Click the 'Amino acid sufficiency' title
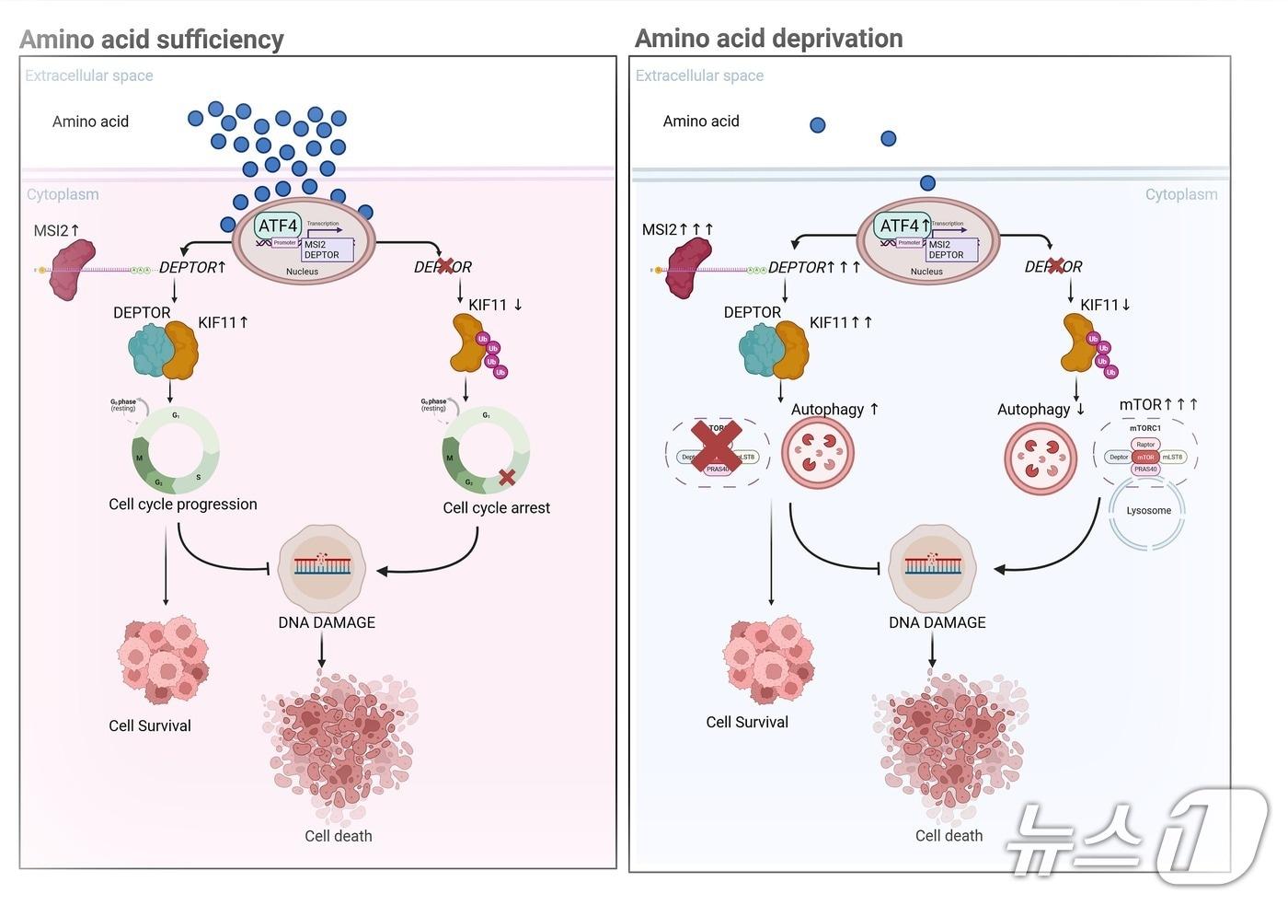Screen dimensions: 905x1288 pyautogui.click(x=152, y=40)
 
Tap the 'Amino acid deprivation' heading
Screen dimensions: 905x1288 pyautogui.click(x=768, y=39)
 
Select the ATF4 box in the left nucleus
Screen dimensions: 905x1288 pyautogui.click(x=278, y=226)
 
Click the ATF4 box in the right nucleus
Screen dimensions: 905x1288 pyautogui.click(x=900, y=226)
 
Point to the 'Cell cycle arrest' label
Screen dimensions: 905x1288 pyautogui.click(x=496, y=507)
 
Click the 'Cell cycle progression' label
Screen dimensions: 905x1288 pyautogui.click(x=182, y=504)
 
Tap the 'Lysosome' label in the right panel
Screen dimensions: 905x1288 pyautogui.click(x=1148, y=510)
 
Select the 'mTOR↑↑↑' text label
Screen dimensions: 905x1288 pyautogui.click(x=1157, y=404)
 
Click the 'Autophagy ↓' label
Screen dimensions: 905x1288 pyautogui.click(x=1041, y=409)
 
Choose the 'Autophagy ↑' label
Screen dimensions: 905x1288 pyautogui.click(x=834, y=409)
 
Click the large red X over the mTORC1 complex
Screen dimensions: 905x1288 pyautogui.click(x=717, y=448)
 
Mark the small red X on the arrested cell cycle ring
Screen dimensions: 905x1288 pyautogui.click(x=506, y=477)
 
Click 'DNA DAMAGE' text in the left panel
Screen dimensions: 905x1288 pyautogui.click(x=327, y=622)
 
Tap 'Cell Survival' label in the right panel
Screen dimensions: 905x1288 pyautogui.click(x=746, y=722)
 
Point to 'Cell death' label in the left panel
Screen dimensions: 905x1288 pyautogui.click(x=339, y=836)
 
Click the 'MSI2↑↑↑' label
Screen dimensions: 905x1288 pyautogui.click(x=677, y=229)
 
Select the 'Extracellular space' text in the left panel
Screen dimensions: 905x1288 pyautogui.click(x=89, y=75)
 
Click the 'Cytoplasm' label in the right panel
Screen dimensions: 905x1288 pyautogui.click(x=1180, y=194)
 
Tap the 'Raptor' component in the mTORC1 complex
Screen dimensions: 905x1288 pyautogui.click(x=1145, y=445)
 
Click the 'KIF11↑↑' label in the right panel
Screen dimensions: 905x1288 pyautogui.click(x=840, y=322)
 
